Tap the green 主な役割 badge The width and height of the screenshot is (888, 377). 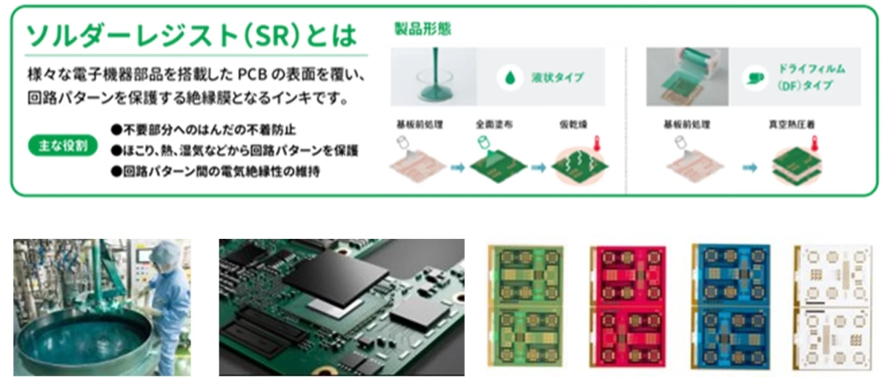tap(63, 145)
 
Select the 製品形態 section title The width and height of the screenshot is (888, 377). tap(421, 30)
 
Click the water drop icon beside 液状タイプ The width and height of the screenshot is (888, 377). tap(510, 77)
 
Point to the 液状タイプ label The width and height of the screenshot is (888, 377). tap(558, 77)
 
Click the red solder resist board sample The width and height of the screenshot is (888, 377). tap(625, 305)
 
